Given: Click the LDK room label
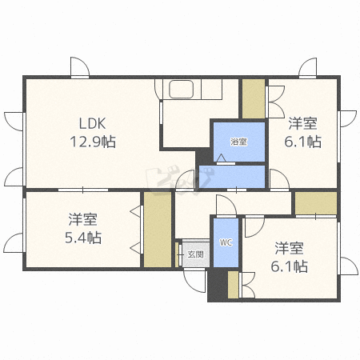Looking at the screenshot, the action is pyautogui.click(x=92, y=123).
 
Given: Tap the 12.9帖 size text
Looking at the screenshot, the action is pyautogui.click(x=93, y=142).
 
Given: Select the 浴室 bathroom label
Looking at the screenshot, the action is pyautogui.click(x=238, y=142).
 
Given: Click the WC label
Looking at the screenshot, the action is pyautogui.click(x=226, y=242).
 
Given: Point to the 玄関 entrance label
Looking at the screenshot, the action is pyautogui.click(x=196, y=254).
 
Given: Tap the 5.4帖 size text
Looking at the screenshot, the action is pyautogui.click(x=83, y=238).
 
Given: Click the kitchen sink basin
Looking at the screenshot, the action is pyautogui.click(x=182, y=89).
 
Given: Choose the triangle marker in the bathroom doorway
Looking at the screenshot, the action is pyautogui.click(x=221, y=158).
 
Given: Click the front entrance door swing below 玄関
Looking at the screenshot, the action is pyautogui.click(x=194, y=281).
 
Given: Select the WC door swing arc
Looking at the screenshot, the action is pyautogui.click(x=226, y=205).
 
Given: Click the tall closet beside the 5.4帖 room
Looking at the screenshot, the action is pyautogui.click(x=158, y=229).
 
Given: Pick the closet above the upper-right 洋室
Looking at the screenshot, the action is pyautogui.click(x=254, y=98).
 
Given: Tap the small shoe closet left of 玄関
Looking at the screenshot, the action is pyautogui.click(x=177, y=254).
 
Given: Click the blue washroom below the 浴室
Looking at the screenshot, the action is pyautogui.click(x=232, y=177).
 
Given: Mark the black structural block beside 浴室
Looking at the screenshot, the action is pyautogui.click(x=204, y=157).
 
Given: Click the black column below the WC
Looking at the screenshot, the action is pyautogui.click(x=218, y=285).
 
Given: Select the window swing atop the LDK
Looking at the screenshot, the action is pyautogui.click(x=80, y=67).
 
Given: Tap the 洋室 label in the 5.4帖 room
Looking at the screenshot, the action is pyautogui.click(x=83, y=219).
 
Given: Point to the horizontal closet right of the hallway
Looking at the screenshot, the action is pyautogui.click(x=316, y=203).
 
